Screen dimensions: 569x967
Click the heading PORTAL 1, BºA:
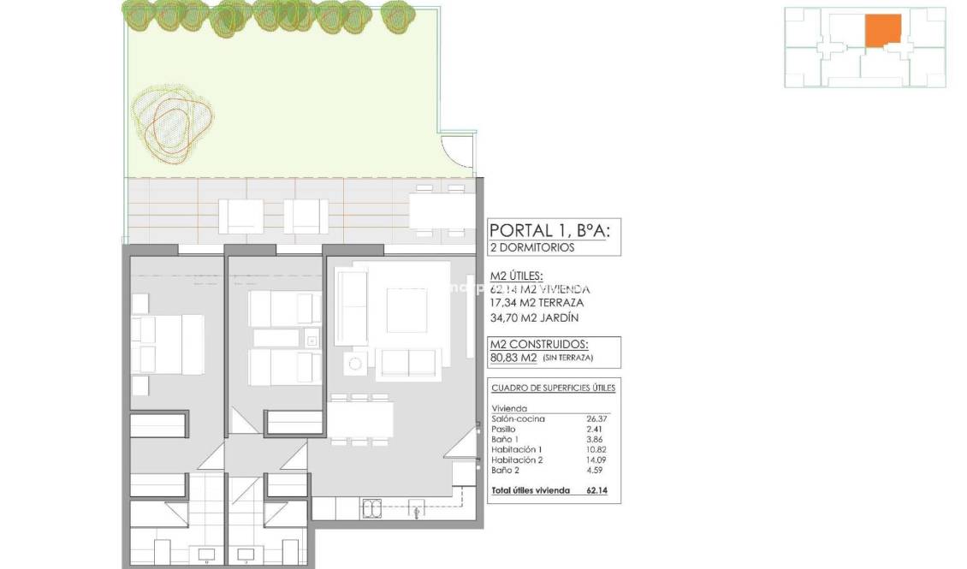pyautogui.click(x=549, y=230)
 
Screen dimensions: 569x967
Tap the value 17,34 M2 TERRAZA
pyautogui.click(x=537, y=303)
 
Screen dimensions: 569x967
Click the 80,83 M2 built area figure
pyautogui.click(x=512, y=358)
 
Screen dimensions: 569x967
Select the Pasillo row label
pyautogui.click(x=504, y=429)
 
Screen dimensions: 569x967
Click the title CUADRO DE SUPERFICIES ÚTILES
pyautogui.click(x=553, y=388)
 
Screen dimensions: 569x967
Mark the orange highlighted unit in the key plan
pyautogui.click(x=882, y=31)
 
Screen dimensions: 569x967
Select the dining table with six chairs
pyautogui.click(x=360, y=419)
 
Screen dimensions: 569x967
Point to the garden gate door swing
pyautogui.click(x=460, y=154)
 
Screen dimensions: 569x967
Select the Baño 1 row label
pyautogui.click(x=505, y=439)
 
